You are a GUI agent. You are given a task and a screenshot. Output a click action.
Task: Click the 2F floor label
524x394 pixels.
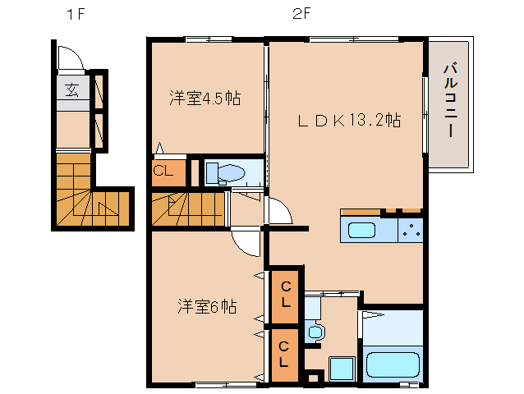pos(300,15)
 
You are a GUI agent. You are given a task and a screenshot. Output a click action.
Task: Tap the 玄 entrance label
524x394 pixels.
pos(72,89)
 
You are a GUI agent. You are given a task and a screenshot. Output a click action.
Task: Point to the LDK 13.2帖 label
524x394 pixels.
pos(348,121)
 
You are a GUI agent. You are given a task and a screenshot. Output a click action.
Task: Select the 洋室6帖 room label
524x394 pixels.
pos(207,307)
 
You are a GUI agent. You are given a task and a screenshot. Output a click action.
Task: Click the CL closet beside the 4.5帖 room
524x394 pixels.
pos(163,172)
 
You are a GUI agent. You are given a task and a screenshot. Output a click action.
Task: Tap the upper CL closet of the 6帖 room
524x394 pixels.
pos(284,294)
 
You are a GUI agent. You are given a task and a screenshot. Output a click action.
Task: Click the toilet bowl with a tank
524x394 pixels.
pos(227,173)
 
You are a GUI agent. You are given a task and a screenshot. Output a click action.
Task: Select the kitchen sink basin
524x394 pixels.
pos(361,230)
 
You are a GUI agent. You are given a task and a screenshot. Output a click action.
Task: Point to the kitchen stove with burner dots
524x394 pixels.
pos(410,231)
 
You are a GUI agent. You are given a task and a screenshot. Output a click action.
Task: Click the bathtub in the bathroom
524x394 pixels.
pos(393,364)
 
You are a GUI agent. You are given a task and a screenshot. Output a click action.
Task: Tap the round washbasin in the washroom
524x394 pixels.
pos(315,332)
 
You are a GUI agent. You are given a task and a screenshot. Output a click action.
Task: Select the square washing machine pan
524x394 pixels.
pos(341,369)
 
